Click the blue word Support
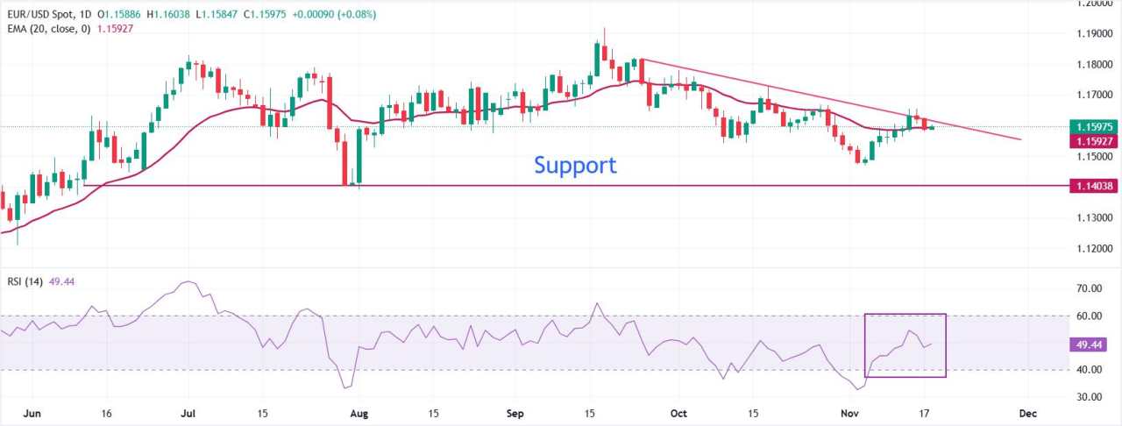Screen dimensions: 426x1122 (x=575, y=165)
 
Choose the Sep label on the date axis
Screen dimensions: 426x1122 (x=514, y=413)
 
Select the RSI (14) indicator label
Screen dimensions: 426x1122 (x=30, y=281)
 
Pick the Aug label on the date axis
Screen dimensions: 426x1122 (x=355, y=413)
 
